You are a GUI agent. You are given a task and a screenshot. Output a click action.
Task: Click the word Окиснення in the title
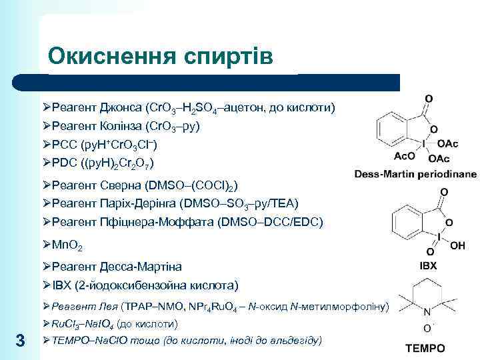coord(111,56)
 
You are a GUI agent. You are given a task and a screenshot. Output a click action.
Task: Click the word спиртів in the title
coord(228,56)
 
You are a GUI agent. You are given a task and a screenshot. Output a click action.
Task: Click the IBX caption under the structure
coord(428,265)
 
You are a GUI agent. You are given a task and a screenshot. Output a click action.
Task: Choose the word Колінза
coord(121,126)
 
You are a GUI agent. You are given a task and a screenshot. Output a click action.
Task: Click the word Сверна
coord(119,185)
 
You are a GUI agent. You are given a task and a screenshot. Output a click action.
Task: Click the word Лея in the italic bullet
coord(111,306)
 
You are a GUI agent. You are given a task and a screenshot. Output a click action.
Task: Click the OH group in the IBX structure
coord(458,245)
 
